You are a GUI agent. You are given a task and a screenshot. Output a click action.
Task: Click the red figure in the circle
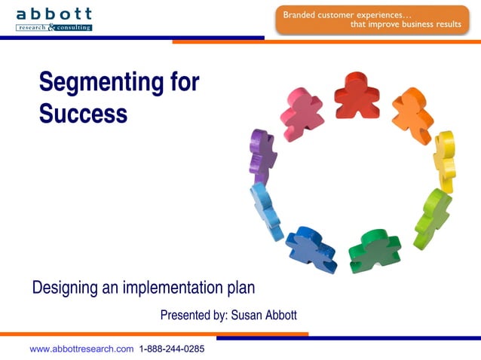click(356, 96)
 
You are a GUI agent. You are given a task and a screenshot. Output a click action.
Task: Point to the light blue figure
click(265, 210)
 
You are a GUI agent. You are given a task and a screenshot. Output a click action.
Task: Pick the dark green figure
click(375, 250)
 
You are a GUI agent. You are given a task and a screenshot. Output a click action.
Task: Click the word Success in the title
click(83, 113)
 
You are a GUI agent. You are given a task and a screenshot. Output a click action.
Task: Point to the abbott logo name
click(54, 14)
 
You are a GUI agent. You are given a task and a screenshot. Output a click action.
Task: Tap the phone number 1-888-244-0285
click(172, 349)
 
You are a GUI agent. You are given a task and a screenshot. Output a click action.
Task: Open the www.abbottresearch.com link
click(81, 349)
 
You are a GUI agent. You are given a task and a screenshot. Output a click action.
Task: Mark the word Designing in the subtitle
click(63, 288)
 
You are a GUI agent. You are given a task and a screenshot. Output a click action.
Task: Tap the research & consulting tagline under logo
click(54, 27)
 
